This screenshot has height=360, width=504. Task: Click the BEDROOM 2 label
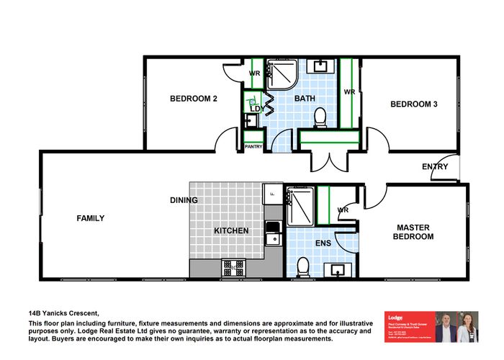[x=193, y=99]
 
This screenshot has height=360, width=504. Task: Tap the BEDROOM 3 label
[x=413, y=104]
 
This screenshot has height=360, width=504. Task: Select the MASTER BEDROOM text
[x=415, y=232]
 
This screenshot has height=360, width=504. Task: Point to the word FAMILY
[x=91, y=218]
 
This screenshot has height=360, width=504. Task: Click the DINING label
[x=184, y=200]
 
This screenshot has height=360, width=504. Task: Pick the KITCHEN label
[x=231, y=231]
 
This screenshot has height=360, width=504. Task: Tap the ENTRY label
[x=435, y=167]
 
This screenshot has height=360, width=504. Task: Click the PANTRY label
[x=253, y=146]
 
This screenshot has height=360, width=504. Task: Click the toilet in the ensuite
[x=304, y=266]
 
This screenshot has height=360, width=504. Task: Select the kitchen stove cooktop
[x=233, y=267]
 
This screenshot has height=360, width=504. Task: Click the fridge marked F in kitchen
[x=274, y=192]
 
